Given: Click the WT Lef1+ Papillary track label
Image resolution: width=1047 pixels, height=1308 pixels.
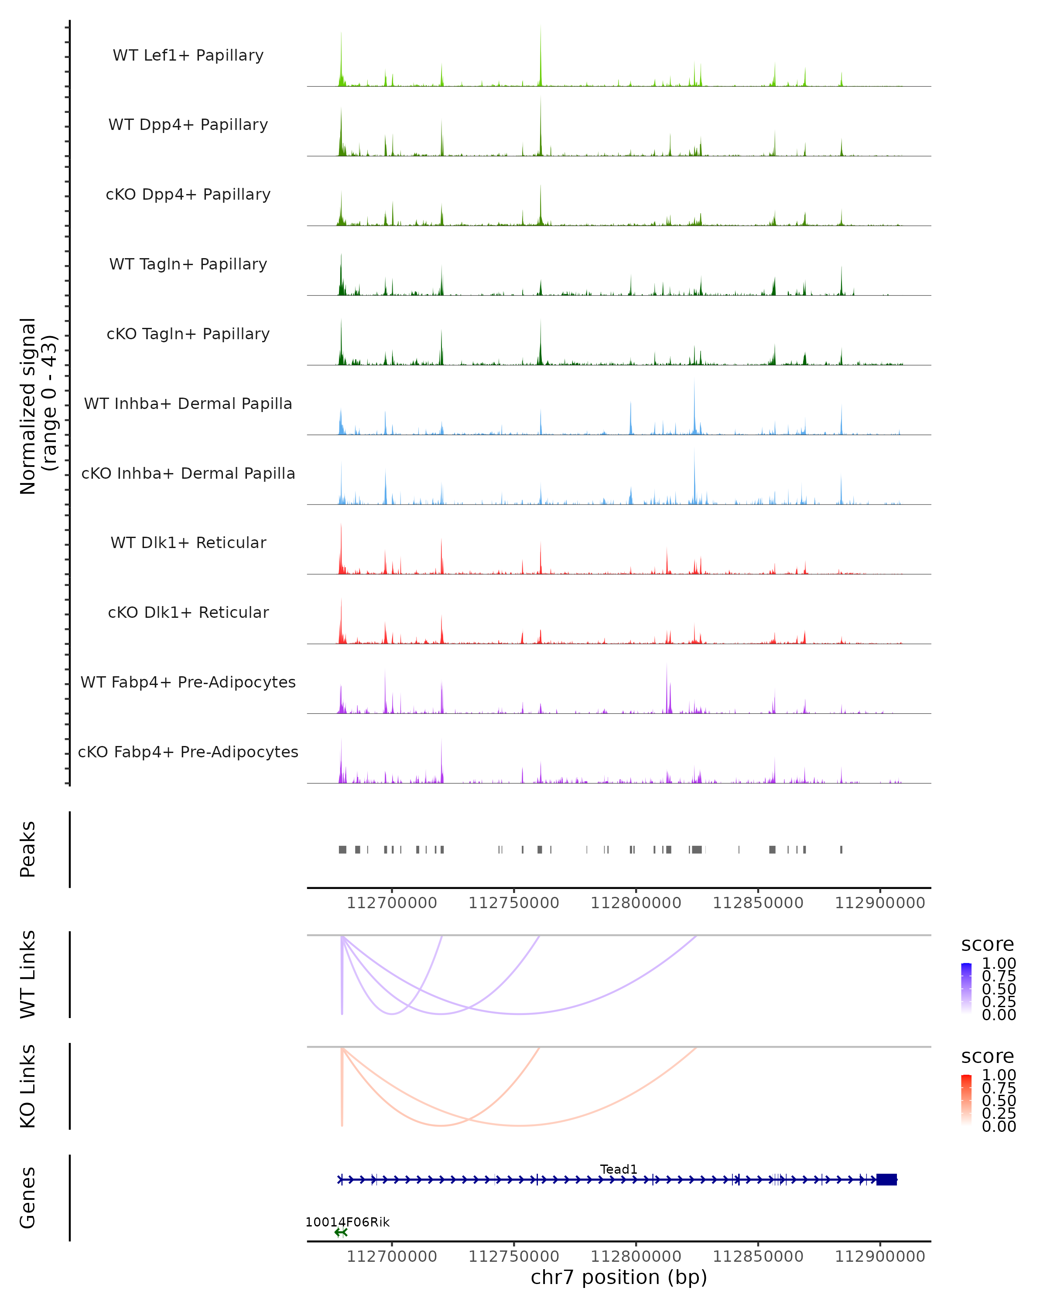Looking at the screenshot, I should [188, 55].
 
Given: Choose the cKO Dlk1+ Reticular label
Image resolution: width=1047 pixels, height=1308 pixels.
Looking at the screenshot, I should [188, 612].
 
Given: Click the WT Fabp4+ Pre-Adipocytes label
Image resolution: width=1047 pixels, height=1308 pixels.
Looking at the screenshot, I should [188, 682].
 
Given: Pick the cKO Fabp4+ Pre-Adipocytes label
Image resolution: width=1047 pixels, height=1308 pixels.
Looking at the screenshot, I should [188, 752].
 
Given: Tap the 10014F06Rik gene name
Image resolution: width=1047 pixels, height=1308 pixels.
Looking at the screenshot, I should [347, 1222].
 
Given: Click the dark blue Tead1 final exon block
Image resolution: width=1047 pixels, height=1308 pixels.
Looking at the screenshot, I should [887, 1179].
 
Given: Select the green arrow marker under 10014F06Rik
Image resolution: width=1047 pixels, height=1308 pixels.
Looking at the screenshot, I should [341, 1232].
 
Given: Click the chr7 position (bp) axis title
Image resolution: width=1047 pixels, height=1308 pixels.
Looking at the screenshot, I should [619, 1277].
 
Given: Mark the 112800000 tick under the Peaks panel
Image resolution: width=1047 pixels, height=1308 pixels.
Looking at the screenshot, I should [636, 903].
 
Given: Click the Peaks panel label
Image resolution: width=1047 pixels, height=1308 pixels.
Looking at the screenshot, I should [28, 849].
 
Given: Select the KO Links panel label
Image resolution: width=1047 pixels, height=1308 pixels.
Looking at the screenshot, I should [28, 1087].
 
